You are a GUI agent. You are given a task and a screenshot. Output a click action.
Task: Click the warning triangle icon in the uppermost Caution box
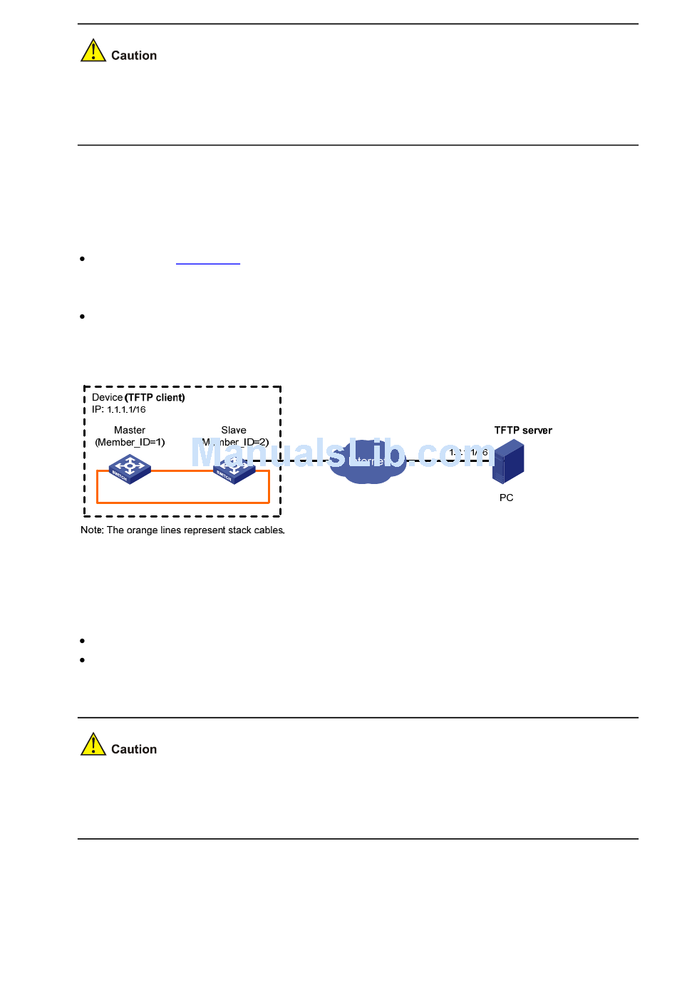[x=93, y=51]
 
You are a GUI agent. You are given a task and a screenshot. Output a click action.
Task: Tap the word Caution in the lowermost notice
[x=134, y=749]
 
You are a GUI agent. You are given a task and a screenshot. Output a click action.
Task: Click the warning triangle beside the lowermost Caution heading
[x=93, y=745]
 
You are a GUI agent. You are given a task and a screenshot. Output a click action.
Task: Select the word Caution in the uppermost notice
[x=134, y=56]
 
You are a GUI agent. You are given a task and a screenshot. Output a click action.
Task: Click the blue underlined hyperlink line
[x=208, y=263]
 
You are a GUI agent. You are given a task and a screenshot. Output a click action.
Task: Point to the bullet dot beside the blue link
[x=83, y=259]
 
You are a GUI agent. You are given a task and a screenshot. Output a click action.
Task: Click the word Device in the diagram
[x=107, y=398]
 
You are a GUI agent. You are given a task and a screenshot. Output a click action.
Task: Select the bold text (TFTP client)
[x=155, y=398]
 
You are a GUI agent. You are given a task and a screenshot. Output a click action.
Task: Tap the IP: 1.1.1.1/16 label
[x=119, y=410]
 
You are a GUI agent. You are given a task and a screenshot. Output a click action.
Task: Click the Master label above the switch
[x=130, y=431]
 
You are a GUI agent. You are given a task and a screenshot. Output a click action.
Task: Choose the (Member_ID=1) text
[x=130, y=443]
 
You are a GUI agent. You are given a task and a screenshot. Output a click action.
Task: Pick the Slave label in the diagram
[x=234, y=431]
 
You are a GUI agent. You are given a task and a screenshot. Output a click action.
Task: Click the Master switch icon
[x=130, y=469]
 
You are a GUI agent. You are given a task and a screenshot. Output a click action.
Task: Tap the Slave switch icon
[x=234, y=470]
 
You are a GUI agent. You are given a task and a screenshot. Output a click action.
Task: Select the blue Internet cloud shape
[x=368, y=462]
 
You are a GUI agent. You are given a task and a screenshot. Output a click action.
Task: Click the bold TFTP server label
[x=523, y=431]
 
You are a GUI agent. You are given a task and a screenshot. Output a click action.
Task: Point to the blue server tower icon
[x=509, y=462]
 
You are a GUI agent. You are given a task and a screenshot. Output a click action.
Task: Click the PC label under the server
[x=507, y=498]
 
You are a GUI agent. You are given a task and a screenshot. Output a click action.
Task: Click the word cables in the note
[x=269, y=530]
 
